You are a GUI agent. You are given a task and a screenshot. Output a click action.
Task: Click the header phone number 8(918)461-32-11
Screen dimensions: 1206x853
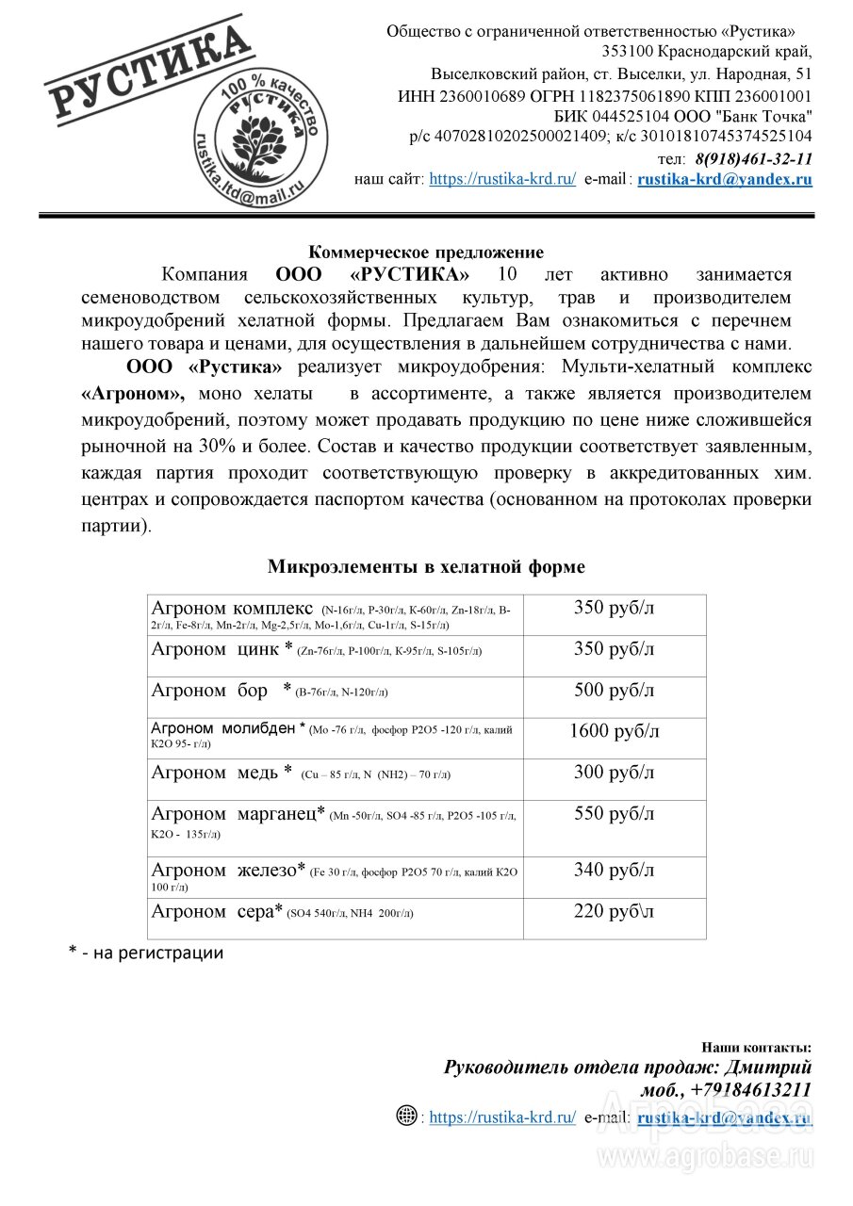click(x=754, y=158)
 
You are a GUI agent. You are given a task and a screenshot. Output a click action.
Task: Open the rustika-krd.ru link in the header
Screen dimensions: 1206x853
click(x=502, y=179)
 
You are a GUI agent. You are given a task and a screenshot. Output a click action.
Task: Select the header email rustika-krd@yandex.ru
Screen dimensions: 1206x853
click(x=725, y=179)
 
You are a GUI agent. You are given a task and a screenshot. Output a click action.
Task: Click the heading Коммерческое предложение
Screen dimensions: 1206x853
click(x=427, y=252)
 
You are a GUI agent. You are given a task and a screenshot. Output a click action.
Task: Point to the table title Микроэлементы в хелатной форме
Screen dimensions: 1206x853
click(x=426, y=566)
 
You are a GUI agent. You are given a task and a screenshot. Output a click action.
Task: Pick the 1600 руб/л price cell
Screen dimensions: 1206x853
click(x=615, y=731)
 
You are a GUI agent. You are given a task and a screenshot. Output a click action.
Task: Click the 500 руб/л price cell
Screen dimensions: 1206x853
click(x=615, y=690)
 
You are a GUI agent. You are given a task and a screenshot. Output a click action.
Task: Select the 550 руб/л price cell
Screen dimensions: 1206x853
click(x=615, y=814)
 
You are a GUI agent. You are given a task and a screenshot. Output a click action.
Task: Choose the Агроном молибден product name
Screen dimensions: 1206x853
click(x=223, y=728)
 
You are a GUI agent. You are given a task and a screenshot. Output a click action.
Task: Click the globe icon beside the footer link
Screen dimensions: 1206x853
click(x=406, y=1116)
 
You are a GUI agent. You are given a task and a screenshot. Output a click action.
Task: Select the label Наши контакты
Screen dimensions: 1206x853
click(x=756, y=1047)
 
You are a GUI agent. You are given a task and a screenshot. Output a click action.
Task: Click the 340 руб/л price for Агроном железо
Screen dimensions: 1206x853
click(x=615, y=870)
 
